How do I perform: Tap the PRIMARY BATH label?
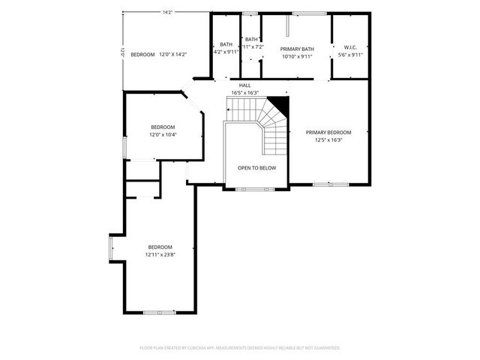coord(297,49)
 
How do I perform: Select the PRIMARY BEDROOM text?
coord(328,132)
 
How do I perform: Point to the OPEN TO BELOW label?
coord(256,168)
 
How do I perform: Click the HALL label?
coord(244,85)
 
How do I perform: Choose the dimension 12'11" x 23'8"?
coord(160,254)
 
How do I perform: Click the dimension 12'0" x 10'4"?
coord(163,134)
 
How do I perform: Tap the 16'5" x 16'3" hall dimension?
coord(244,93)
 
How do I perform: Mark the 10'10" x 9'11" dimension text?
coord(297,56)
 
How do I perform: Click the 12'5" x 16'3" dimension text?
coord(328,139)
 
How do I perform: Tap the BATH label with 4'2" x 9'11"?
coord(226,44)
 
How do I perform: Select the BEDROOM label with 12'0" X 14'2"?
coord(142,55)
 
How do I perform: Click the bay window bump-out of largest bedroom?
coord(112,247)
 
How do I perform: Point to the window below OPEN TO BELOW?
coord(256,189)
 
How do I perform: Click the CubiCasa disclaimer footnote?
coord(240,348)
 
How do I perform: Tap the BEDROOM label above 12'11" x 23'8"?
coord(160,247)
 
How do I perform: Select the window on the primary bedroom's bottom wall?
coord(331,184)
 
